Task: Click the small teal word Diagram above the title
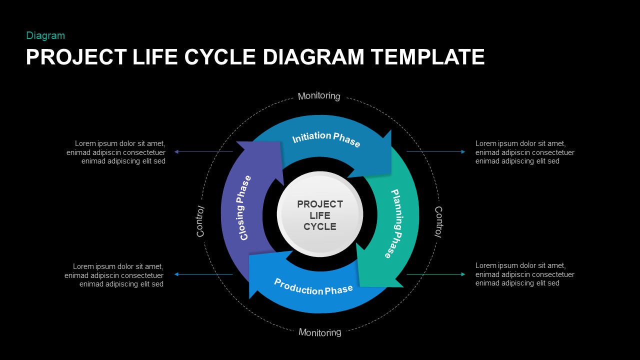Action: coord(45,35)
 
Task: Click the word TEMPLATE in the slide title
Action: coord(427,57)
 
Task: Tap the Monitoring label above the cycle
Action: coord(319,96)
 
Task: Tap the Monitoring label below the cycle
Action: coord(320,332)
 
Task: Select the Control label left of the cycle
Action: coord(200,221)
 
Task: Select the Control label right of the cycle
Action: coord(438,221)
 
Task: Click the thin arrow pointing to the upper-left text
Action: coord(203,151)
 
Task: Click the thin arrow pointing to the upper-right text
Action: coord(435,151)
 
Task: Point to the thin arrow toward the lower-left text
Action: coord(203,274)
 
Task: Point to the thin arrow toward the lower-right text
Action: coord(435,274)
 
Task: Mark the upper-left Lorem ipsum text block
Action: coord(116,152)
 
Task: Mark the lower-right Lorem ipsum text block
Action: coord(524,274)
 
